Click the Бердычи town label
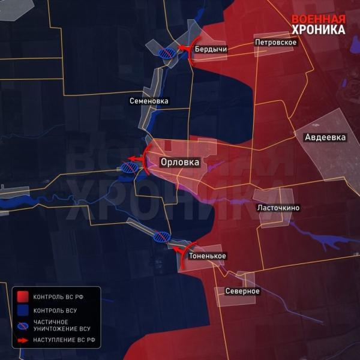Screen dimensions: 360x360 pyautogui.click(x=211, y=49)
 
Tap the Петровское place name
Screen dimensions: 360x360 pyautogui.click(x=276, y=43)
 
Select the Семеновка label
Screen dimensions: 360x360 pyautogui.click(x=149, y=101)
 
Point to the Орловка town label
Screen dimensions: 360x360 pyautogui.click(x=180, y=161)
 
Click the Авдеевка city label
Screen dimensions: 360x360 pyautogui.click(x=325, y=137)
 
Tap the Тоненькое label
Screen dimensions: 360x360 pyautogui.click(x=207, y=256)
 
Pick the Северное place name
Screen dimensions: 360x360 pyautogui.click(x=242, y=291)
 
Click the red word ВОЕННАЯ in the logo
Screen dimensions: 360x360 pyautogui.click(x=319, y=18)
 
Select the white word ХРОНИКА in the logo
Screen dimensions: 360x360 pyautogui.click(x=319, y=29)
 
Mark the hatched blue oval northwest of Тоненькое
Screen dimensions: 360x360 pyautogui.click(x=161, y=236)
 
